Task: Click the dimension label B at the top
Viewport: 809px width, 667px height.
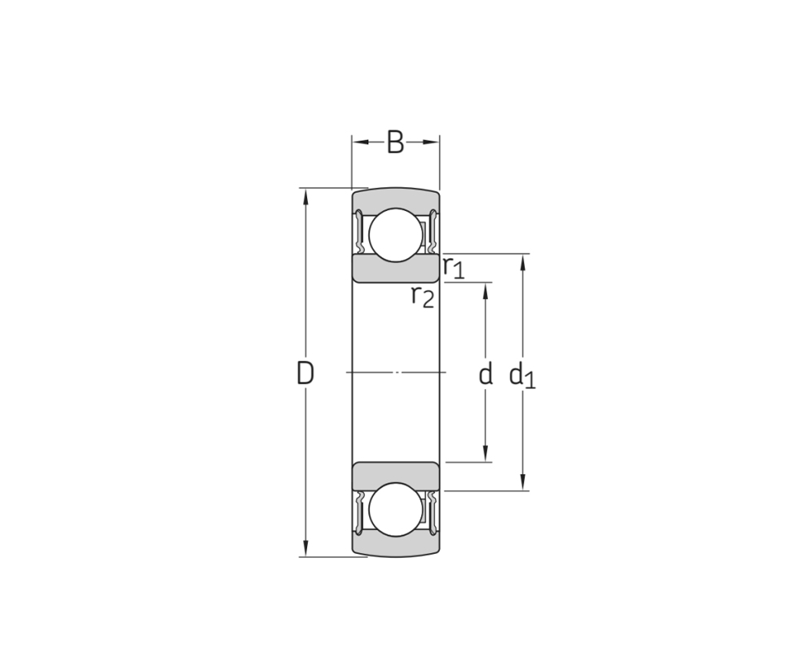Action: click(395, 143)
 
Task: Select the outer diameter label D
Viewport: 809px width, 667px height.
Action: click(306, 373)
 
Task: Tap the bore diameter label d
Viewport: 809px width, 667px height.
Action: click(486, 374)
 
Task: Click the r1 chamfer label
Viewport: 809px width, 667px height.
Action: click(454, 268)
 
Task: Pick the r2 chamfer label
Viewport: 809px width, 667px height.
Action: click(423, 296)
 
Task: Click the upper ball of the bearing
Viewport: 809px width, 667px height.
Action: click(396, 235)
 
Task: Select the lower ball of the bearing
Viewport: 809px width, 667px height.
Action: click(396, 510)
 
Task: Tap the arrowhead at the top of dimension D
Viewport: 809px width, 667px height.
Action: click(306, 196)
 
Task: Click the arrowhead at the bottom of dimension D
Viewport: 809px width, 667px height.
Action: click(306, 549)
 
